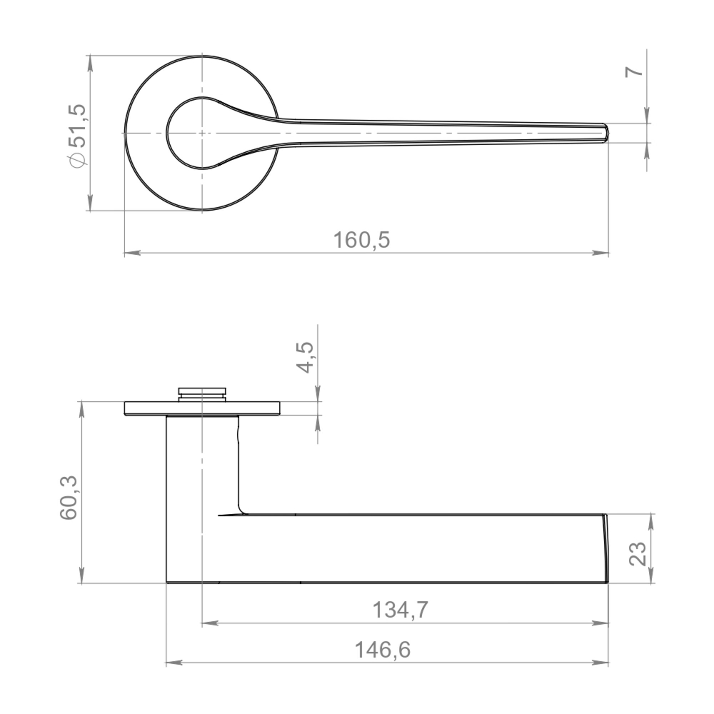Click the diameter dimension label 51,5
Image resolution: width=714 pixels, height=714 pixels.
pyautogui.click(x=77, y=126)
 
